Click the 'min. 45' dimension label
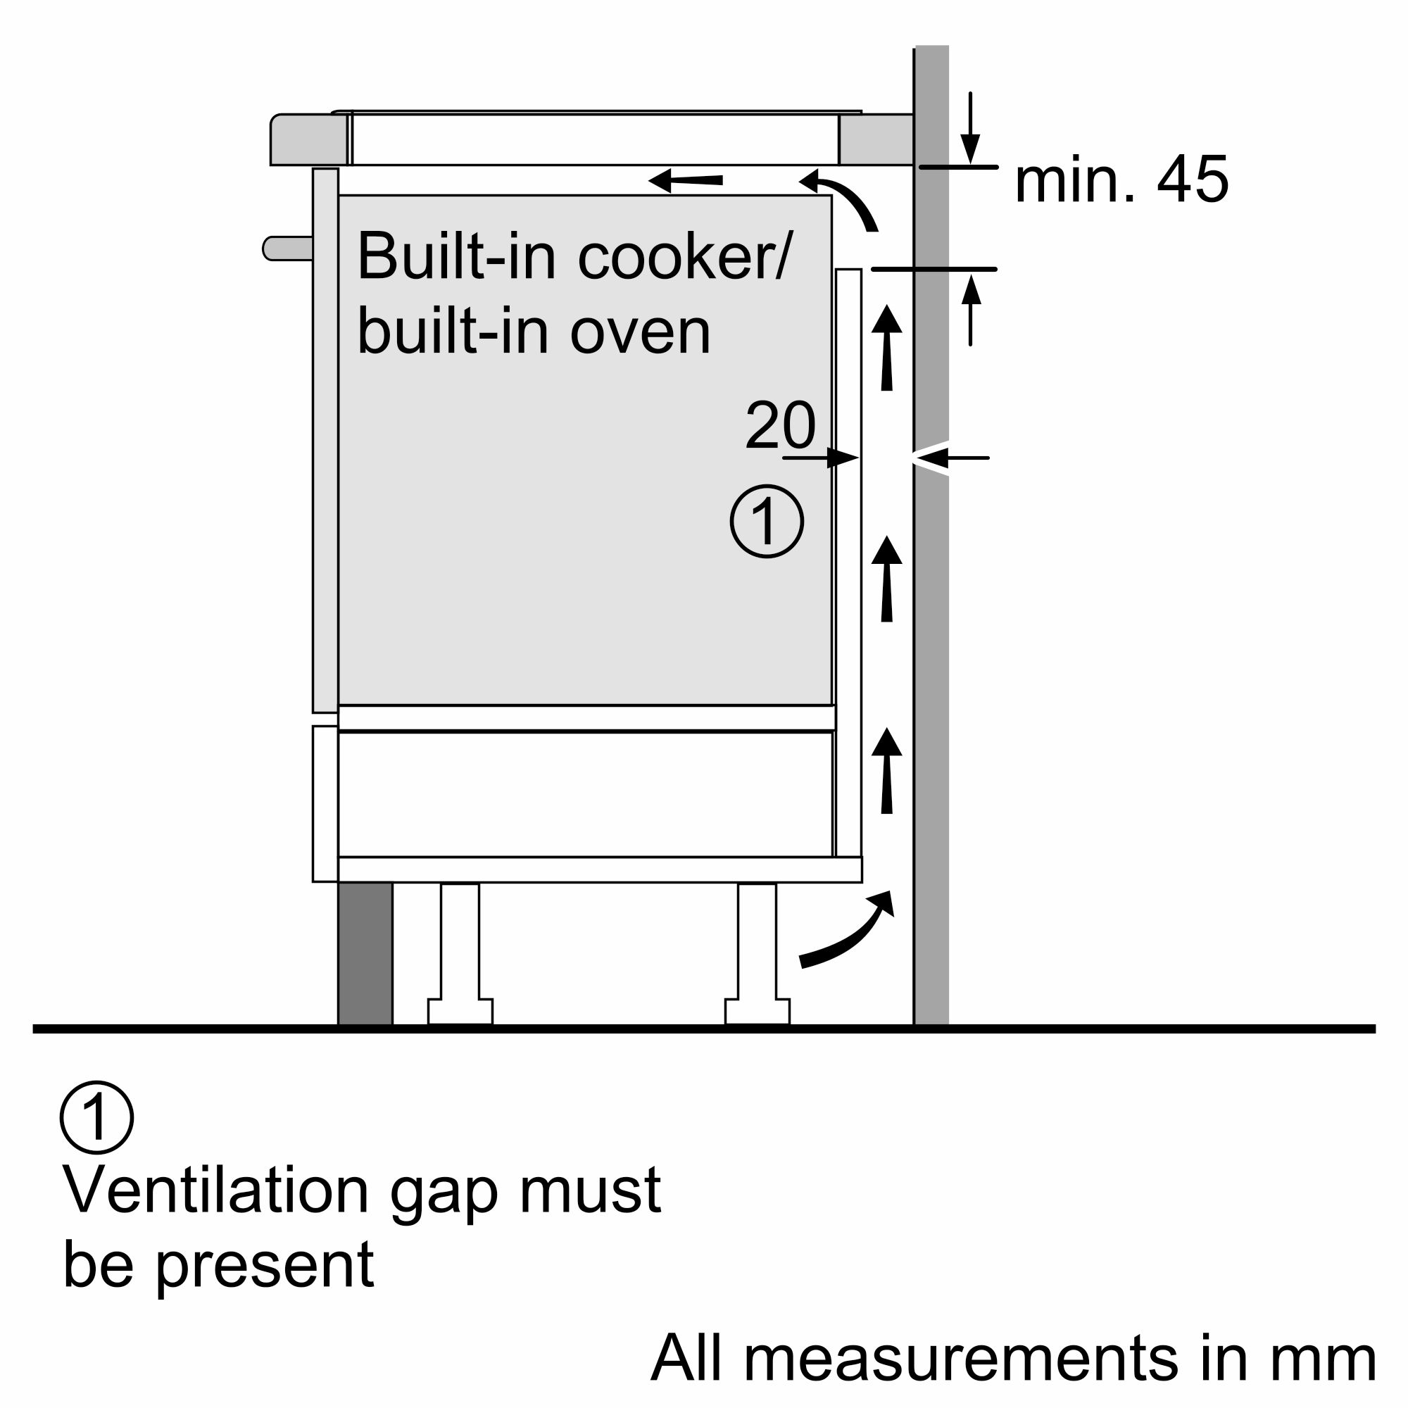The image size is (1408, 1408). (x=1121, y=180)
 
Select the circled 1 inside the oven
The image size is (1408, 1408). (x=767, y=521)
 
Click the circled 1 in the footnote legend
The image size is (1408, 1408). (x=97, y=1117)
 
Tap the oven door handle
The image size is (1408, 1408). (x=287, y=248)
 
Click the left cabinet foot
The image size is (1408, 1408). (x=460, y=955)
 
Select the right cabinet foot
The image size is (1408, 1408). (x=758, y=955)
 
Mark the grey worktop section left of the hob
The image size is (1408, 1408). (x=309, y=139)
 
